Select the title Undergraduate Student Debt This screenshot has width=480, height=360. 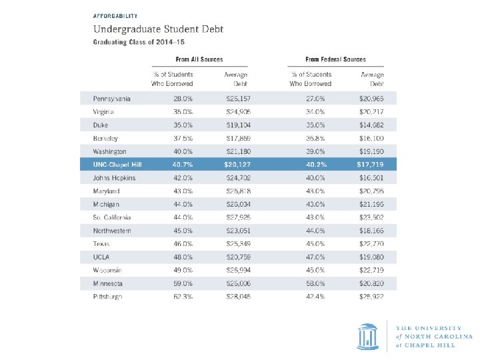[158, 29]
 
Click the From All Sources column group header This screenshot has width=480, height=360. [199, 59]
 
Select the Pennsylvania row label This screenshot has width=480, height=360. [111, 99]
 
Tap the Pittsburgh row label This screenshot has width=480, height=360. [108, 296]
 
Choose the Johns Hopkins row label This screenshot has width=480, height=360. [114, 178]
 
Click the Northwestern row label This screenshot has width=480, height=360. [112, 231]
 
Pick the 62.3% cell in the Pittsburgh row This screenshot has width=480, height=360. [182, 296]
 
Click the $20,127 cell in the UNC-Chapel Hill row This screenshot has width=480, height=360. [236, 164]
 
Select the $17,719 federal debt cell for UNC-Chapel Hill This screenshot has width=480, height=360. [370, 164]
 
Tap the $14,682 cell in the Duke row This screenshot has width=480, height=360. [371, 125]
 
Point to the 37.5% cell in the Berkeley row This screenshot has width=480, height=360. [182, 138]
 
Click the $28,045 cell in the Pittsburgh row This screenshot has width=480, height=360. [237, 296]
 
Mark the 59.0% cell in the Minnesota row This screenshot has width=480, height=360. [182, 283]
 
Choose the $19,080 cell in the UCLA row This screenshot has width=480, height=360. [371, 257]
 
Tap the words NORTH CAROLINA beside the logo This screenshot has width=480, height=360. [432, 337]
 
